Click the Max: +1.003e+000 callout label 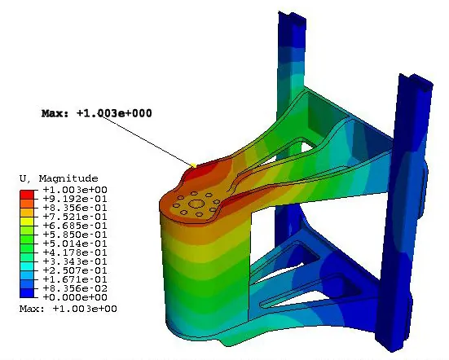pyautogui.click(x=96, y=113)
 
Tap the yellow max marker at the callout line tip pyautogui.click(x=194, y=165)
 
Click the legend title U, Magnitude pyautogui.click(x=59, y=178)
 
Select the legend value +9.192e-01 pyautogui.click(x=75, y=199)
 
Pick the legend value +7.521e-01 pyautogui.click(x=75, y=217)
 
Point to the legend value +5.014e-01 pyautogui.click(x=75, y=244)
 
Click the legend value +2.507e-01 pyautogui.click(x=75, y=270)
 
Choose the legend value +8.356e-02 pyautogui.click(x=75, y=288)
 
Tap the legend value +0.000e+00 pyautogui.click(x=75, y=297)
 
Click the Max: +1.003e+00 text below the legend pyautogui.click(x=68, y=309)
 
